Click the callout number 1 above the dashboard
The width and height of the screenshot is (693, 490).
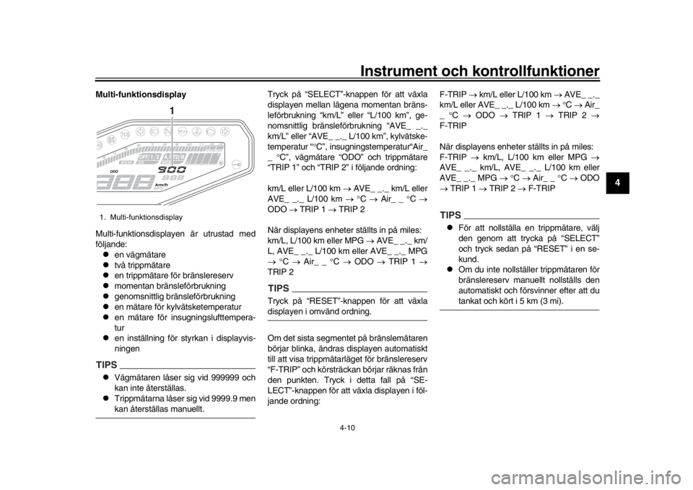[x=172, y=110]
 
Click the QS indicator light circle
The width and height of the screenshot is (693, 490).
[x=111, y=138]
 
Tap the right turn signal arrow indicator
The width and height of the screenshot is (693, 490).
[x=225, y=132]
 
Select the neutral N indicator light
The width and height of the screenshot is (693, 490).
[x=167, y=132]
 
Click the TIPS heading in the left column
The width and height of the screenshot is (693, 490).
[x=105, y=362]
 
